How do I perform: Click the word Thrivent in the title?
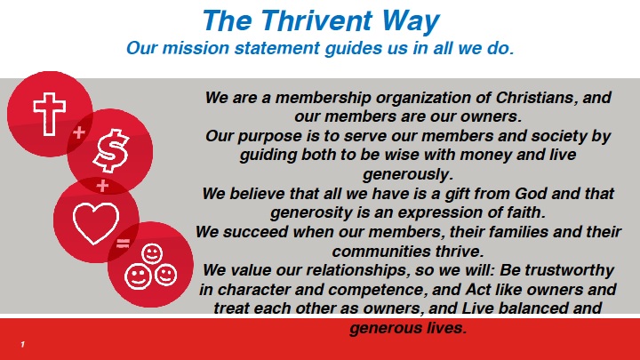tap(316, 20)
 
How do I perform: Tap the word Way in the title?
tap(410, 22)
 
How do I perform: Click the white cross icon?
tap(50, 114)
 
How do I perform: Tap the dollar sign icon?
tap(110, 150)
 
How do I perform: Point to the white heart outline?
tap(96, 223)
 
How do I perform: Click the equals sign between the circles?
tap(123, 244)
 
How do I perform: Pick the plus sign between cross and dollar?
tap(79, 132)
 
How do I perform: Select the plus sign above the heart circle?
tap(102, 186)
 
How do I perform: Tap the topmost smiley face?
tap(152, 253)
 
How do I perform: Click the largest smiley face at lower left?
tap(138, 276)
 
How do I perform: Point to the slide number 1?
tap(23, 345)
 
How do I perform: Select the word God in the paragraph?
tap(531, 193)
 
